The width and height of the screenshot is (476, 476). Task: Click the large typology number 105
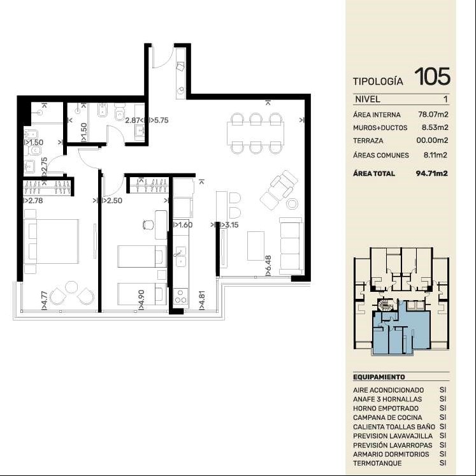[x=432, y=76]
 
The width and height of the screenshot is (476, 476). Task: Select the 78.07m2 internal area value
[x=433, y=115]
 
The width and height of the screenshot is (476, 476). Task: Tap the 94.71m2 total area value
[x=431, y=173]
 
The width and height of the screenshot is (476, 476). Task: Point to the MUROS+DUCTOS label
[x=380, y=128]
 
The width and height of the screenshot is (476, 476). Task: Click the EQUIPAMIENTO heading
[x=379, y=377]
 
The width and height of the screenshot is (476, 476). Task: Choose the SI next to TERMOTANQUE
[x=443, y=463]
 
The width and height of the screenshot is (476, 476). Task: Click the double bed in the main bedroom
[x=52, y=242]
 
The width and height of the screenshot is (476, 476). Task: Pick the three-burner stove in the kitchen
[x=180, y=296]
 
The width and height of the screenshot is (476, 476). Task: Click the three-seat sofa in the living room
[x=291, y=243]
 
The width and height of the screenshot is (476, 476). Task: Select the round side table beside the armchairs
[x=292, y=203]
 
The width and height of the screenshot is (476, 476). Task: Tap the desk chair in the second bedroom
[x=148, y=225]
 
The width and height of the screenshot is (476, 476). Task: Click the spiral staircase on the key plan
[x=386, y=304]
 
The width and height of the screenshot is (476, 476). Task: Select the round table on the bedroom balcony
[x=71, y=287]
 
